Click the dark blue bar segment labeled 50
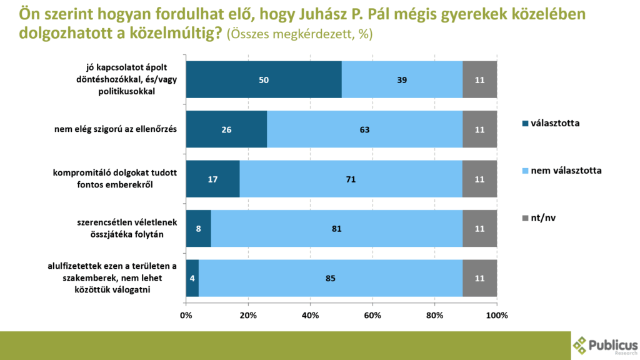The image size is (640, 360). tap(264, 79)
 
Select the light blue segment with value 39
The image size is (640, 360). tap(402, 79)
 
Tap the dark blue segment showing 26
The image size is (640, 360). tap(226, 130)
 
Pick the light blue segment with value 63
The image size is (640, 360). tap(364, 130)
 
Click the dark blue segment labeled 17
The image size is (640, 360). tap(212, 179)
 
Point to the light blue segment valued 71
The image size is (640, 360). tap(351, 179)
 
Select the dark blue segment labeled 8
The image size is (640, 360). tap(199, 229)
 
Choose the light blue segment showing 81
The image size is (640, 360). tap(336, 229)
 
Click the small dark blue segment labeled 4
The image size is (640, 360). tap(192, 278)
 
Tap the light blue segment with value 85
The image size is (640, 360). tap(330, 278)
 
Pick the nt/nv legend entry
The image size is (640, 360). tap(544, 218)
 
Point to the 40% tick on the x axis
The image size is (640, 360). tap(311, 315)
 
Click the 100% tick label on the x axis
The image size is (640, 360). tap(497, 315)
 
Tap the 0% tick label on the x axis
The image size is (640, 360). tap(186, 315)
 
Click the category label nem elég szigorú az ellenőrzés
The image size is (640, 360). tap(116, 129)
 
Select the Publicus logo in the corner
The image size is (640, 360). tap(605, 345)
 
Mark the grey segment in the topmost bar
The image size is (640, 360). tap(479, 79)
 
